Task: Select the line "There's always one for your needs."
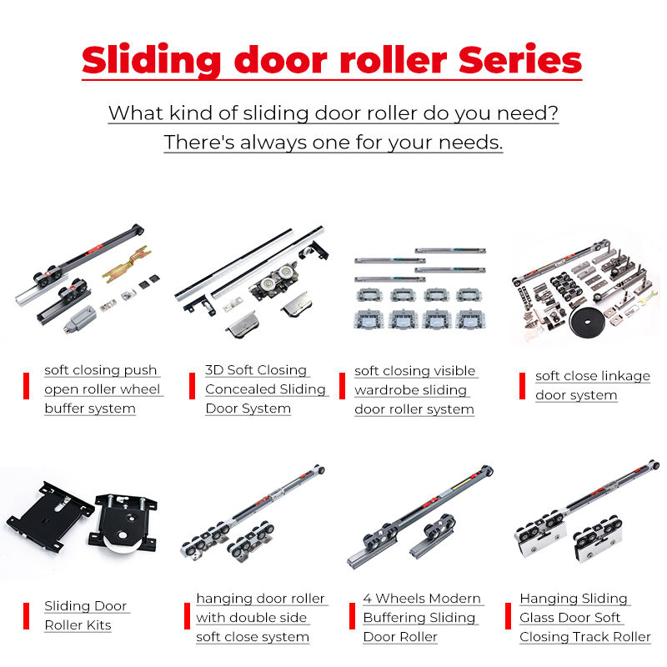[x=333, y=142]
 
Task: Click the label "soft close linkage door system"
[x=592, y=385]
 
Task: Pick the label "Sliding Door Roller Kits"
[x=86, y=615]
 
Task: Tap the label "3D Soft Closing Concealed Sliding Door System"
[x=265, y=389]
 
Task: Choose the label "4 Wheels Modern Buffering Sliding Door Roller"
[x=422, y=618]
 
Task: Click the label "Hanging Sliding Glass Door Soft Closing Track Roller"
[x=584, y=618]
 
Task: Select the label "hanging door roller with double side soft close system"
[x=261, y=618]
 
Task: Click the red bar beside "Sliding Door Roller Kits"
[x=26, y=615]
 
